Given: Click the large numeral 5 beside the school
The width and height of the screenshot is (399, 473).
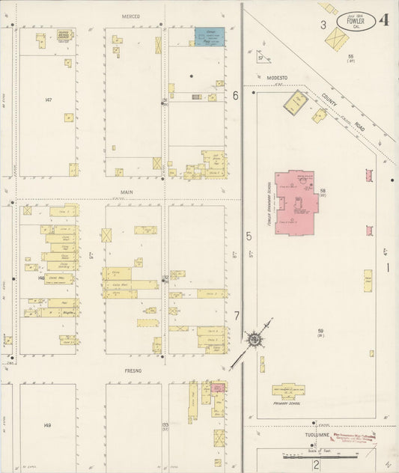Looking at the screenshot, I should [x=248, y=236].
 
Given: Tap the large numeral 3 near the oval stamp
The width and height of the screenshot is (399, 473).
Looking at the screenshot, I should [x=323, y=25].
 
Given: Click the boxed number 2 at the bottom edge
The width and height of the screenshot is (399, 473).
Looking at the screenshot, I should [x=317, y=464].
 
